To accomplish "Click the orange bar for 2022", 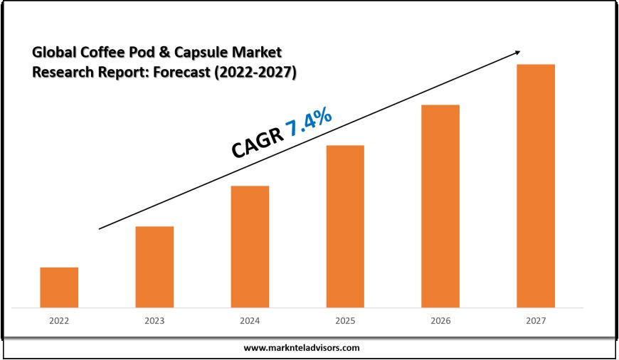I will point(59,287).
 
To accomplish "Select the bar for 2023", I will point(154,267).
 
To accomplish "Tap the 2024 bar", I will point(250,247).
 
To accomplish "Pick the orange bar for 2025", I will point(345,226).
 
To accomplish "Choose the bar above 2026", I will point(440,206).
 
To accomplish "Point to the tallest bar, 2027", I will point(536,186).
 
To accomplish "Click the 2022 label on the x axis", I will point(59,321).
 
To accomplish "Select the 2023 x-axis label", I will point(154,321).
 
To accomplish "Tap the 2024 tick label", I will point(250,321).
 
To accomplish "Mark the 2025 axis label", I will point(345,321).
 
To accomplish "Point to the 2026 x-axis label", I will point(440,321).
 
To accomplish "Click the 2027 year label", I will point(536,321).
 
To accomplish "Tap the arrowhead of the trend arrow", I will point(517,53).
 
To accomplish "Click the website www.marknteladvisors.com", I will point(302,348).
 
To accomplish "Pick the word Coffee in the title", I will point(97,52).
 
